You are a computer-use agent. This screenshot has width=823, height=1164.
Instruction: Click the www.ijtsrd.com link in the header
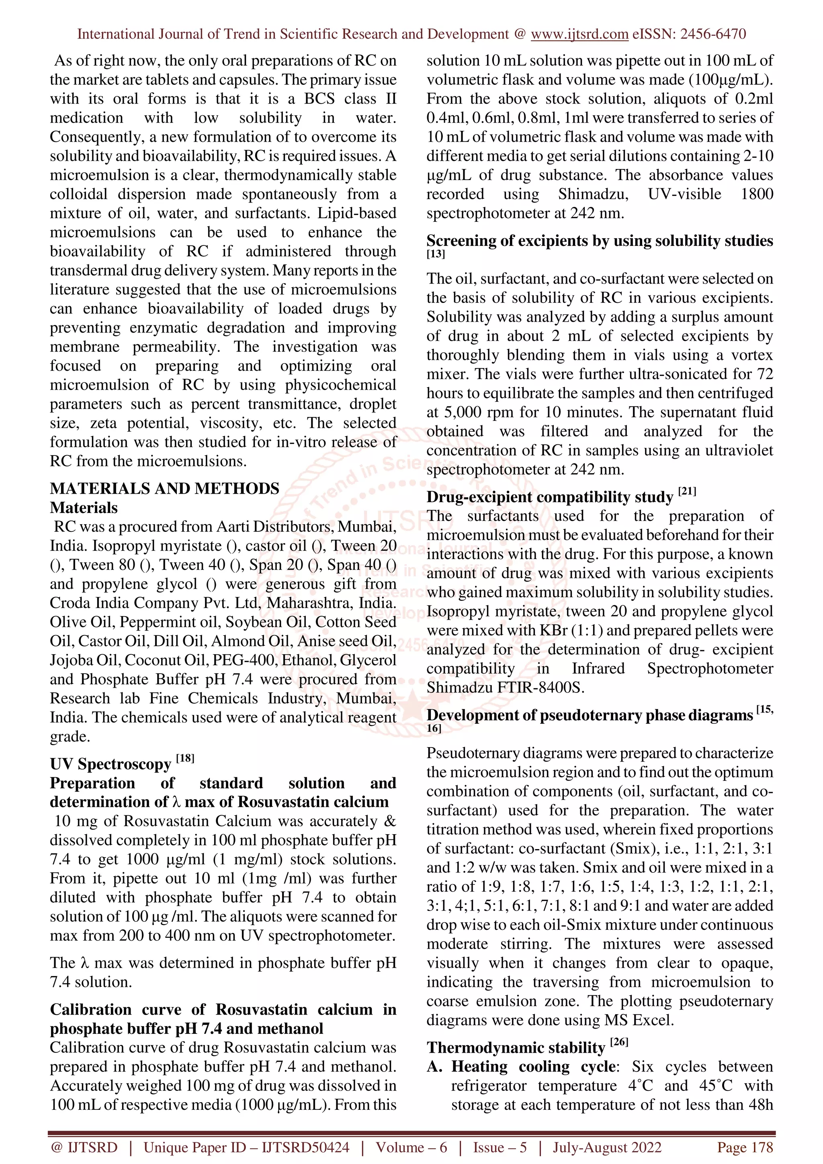click(579, 34)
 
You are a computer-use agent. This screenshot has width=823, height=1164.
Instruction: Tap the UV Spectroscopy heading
click(111, 764)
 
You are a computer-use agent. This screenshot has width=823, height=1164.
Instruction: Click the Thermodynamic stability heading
click(516, 1048)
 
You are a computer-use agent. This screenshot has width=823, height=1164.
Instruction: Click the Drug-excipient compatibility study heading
click(550, 497)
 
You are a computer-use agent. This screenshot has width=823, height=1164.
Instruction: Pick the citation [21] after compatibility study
click(687, 492)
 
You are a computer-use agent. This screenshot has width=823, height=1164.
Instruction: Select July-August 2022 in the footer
click(607, 1147)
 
